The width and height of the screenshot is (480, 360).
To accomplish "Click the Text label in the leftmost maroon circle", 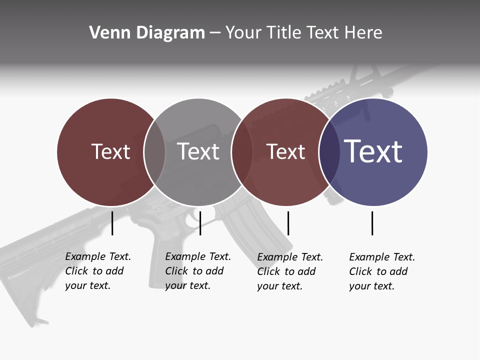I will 110,151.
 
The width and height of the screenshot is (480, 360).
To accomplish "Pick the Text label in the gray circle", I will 198,151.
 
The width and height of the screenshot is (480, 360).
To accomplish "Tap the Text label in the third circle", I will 285,152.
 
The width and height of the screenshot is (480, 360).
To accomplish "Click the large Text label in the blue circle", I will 373,151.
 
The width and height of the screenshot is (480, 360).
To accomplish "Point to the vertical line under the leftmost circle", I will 112,223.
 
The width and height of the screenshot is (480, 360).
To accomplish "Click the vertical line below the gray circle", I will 200,223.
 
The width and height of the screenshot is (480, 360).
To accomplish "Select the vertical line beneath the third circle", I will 288,223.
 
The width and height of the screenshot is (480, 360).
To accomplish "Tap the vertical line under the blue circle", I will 372,223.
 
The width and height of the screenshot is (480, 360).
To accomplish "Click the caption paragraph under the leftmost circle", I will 97,271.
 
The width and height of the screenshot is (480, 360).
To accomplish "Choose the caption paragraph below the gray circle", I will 197,271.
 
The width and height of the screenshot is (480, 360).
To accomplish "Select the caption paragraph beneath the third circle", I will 289,271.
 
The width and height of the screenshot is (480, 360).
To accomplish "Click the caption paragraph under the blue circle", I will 381,271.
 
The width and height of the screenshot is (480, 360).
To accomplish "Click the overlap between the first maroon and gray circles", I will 154,152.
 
